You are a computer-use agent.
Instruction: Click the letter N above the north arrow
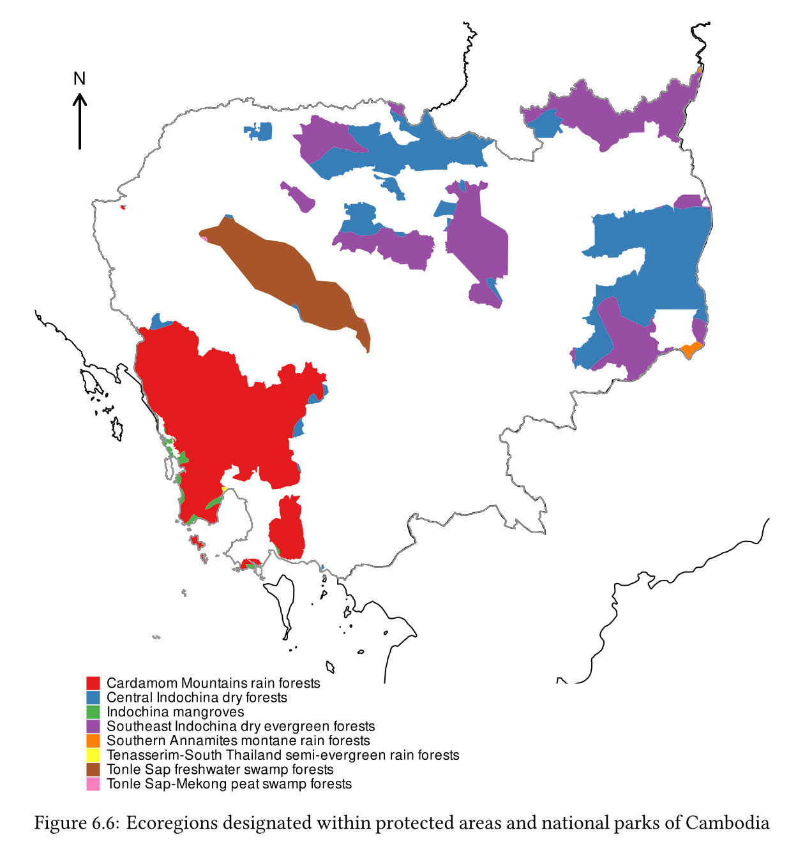pos(79,79)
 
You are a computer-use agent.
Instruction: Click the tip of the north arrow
pos(80,96)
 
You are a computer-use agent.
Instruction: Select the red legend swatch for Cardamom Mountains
pos(93,683)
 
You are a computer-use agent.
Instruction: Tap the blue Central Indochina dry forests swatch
pos(93,698)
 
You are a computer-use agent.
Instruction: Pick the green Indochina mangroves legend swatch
pos(93,712)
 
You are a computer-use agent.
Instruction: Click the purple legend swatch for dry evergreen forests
pos(93,727)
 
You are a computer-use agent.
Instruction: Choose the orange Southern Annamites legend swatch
pos(93,741)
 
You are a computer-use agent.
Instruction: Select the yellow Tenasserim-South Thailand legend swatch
pos(93,755)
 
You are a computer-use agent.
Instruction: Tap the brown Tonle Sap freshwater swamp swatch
pos(93,769)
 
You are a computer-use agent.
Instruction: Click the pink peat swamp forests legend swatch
pos(93,784)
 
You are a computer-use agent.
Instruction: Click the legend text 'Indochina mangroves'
pos(175,712)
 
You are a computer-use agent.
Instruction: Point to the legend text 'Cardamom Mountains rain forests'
pos(213,683)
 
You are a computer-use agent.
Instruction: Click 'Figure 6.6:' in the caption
pos(77,823)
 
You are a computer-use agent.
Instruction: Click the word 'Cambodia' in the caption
pos(728,823)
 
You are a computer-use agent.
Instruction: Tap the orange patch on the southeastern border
pos(690,350)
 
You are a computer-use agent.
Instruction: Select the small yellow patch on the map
pos(224,489)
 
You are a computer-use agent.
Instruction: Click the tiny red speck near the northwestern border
pos(123,207)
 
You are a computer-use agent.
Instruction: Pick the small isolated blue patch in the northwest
pos(260,131)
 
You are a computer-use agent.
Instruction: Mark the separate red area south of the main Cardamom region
pos(287,529)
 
